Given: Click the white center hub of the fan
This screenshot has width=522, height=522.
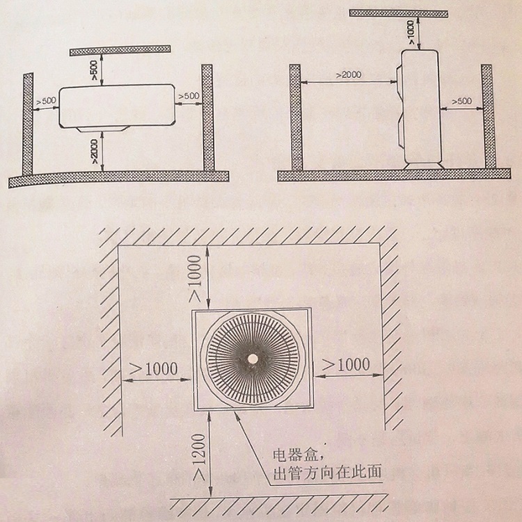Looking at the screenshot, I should (253, 359).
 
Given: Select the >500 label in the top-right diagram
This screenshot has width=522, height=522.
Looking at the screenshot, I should (461, 101).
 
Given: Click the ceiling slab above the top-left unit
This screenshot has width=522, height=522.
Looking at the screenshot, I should (120, 51).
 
